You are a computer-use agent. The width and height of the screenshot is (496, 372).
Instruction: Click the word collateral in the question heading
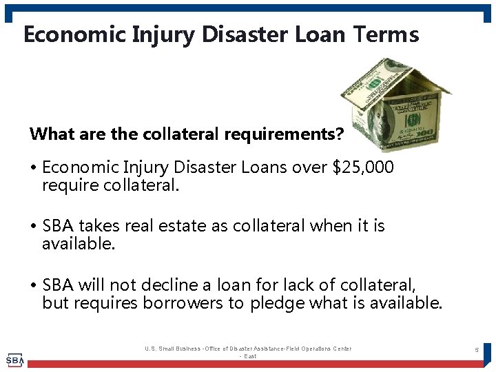coord(181,134)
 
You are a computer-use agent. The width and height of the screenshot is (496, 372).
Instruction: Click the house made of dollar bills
coord(396,103)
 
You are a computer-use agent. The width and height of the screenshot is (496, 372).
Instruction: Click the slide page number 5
coord(476,351)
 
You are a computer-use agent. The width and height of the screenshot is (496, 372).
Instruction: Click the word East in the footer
coord(250,356)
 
